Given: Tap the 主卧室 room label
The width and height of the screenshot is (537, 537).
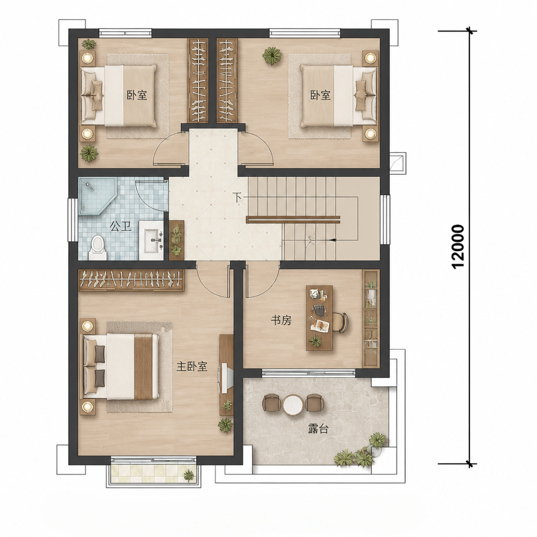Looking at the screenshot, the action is click(192, 367).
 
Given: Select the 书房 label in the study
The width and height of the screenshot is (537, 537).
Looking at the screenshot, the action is click(281, 320).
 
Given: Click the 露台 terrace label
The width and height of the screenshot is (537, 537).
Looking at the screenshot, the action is click(318, 429).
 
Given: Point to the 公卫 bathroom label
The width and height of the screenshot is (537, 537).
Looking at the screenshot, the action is click(121, 227).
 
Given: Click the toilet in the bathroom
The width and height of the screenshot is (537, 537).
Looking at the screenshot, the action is click(97, 248).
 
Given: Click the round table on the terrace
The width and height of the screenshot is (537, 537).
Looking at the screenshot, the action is click(293, 405).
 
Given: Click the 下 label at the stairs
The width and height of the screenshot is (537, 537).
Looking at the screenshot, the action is click(237, 197).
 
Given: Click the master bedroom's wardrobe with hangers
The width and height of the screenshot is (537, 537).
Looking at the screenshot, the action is click(132, 280).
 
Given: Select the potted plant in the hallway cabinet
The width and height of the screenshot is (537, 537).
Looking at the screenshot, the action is click(176, 240).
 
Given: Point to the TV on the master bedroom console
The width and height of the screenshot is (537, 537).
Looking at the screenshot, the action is click(227, 378).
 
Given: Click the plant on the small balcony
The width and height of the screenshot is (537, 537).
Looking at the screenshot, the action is click(189, 475).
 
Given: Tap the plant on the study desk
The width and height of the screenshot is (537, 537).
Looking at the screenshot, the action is click(315, 341).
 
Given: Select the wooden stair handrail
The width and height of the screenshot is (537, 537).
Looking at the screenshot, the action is click(293, 220).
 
